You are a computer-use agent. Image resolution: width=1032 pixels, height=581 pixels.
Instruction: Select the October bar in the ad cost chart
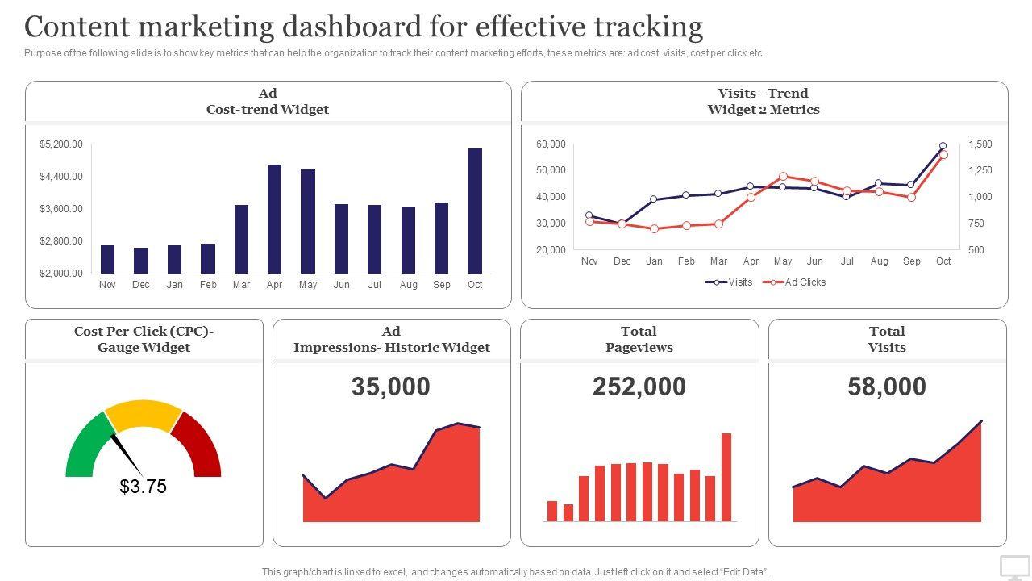tap(475, 211)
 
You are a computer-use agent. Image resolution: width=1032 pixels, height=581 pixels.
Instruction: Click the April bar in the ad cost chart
tap(274, 219)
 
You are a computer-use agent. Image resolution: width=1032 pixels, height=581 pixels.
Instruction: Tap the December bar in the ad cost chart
tap(141, 261)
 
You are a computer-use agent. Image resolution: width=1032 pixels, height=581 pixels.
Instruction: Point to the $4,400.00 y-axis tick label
tap(61, 177)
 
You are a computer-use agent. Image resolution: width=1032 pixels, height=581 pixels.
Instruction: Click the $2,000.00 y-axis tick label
tap(61, 274)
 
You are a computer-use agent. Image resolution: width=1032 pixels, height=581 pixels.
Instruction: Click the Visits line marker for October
tap(943, 146)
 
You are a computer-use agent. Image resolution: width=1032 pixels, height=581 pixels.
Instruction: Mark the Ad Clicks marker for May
tap(783, 176)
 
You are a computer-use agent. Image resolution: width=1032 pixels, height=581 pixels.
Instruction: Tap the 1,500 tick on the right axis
tap(980, 144)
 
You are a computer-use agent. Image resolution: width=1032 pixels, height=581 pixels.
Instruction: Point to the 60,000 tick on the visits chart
tap(551, 144)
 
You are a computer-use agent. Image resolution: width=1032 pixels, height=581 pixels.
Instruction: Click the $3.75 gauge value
tap(143, 487)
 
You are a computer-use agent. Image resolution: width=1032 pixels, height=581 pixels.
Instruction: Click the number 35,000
tap(391, 387)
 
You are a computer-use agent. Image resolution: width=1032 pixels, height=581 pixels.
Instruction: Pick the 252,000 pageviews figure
tap(639, 387)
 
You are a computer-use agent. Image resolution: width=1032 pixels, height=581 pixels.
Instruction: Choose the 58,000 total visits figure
tap(887, 387)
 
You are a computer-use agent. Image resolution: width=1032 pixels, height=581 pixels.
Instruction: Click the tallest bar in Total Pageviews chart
tap(726, 477)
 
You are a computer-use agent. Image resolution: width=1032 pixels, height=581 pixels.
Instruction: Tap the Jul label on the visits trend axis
tap(847, 261)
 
